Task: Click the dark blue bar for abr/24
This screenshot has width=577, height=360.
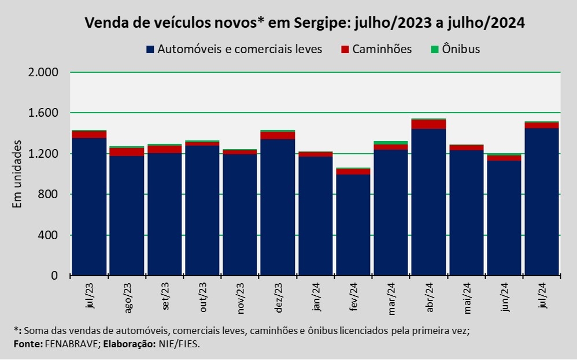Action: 428,202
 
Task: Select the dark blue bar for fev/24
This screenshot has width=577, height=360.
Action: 353,225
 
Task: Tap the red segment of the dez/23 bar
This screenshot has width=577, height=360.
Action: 278,135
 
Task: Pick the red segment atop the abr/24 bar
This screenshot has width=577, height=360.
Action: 428,124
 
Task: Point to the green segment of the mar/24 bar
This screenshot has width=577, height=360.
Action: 391,143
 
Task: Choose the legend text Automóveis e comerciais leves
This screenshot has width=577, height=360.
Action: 239,49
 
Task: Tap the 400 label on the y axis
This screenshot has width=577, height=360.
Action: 50,235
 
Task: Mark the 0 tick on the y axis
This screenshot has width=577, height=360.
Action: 56,276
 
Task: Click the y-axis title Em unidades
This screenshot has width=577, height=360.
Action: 17,173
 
